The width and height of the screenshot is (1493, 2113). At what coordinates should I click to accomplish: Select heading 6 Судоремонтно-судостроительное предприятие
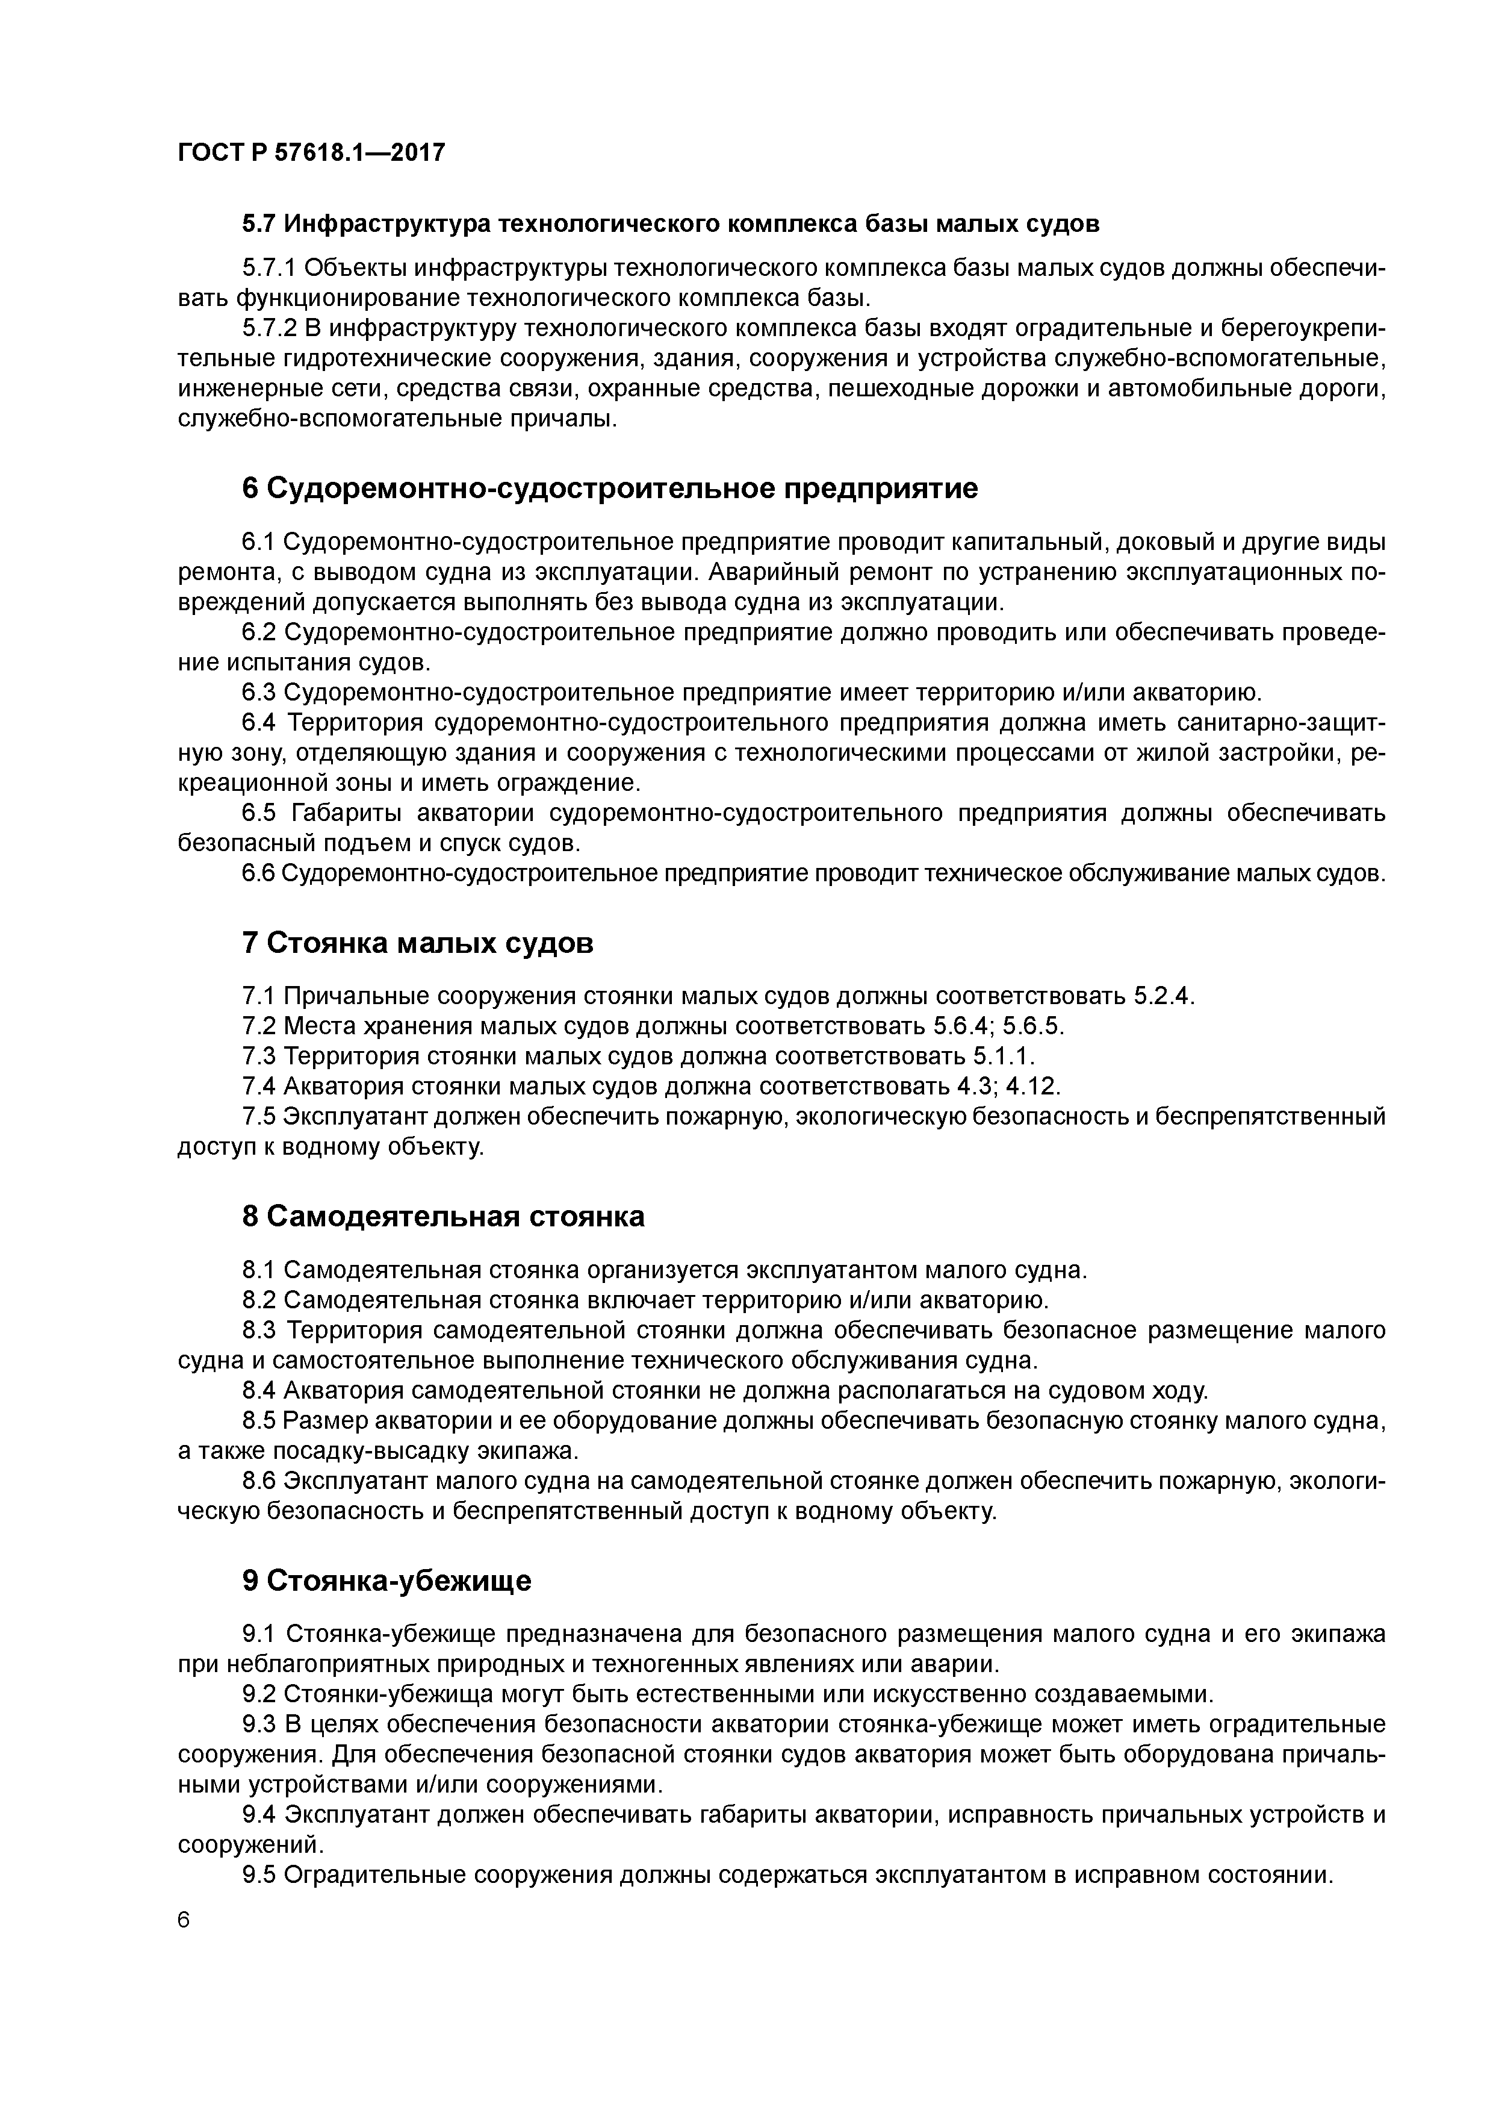610,488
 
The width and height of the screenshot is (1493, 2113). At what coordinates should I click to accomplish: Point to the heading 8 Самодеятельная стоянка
442,1217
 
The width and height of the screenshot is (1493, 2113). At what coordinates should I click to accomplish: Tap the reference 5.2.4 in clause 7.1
1161,997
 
